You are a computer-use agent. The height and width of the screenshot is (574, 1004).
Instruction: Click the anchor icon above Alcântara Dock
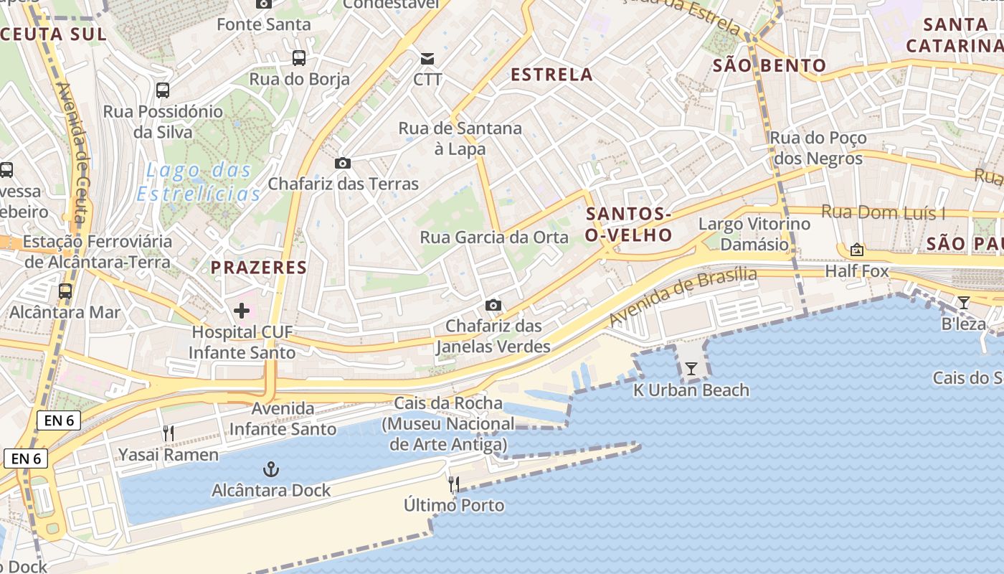(x=271, y=470)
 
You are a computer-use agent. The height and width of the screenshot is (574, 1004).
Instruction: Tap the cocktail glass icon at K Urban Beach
(x=691, y=369)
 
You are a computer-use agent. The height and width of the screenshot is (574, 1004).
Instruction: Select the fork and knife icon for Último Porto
(x=454, y=484)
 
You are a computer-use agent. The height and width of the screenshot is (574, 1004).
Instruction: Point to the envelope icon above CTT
(x=427, y=58)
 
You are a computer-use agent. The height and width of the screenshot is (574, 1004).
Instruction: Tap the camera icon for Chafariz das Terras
(x=343, y=163)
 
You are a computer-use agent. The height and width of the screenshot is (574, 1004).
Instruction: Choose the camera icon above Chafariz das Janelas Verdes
(x=493, y=305)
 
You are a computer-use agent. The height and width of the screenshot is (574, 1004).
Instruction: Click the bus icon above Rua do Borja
(x=299, y=58)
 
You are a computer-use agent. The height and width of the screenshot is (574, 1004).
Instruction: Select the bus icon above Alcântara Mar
(x=65, y=291)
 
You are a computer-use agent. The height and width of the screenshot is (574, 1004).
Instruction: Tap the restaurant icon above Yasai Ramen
(x=169, y=433)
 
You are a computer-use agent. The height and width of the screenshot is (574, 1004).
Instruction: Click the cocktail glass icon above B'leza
(x=963, y=303)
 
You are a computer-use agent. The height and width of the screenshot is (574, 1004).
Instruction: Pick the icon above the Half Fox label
(x=856, y=250)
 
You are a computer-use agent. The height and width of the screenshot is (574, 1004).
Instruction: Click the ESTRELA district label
(x=551, y=75)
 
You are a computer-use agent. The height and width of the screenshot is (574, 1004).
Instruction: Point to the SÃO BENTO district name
(x=769, y=66)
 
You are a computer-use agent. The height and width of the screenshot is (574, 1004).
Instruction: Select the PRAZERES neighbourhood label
(x=259, y=268)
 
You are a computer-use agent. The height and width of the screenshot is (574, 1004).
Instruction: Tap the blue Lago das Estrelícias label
(x=199, y=182)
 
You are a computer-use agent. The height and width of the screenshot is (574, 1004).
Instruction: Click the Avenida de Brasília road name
(x=683, y=296)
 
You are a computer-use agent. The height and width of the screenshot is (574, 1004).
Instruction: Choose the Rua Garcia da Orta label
(x=494, y=237)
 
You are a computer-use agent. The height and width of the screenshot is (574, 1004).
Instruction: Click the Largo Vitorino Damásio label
(x=754, y=234)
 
